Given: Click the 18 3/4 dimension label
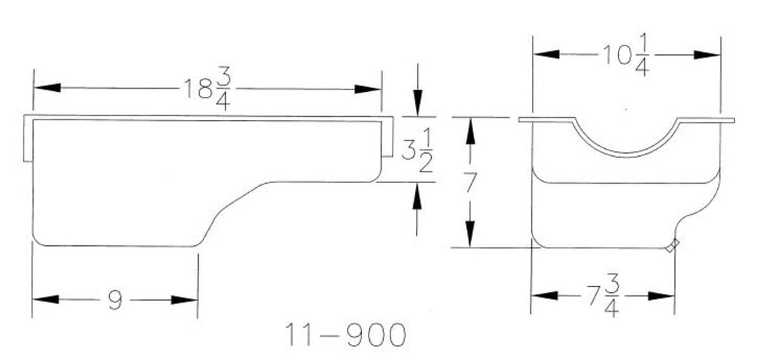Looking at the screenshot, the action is point(207,89).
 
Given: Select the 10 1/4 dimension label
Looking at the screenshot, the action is point(626,55).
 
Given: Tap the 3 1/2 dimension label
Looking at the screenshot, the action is point(417,150).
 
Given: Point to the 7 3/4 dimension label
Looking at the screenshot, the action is point(602,296).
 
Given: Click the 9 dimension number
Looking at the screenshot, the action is point(115,300).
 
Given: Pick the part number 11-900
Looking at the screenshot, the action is point(346,335).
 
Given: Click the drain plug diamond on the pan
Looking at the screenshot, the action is point(672,245).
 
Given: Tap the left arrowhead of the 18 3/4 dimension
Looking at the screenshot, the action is point(47,87).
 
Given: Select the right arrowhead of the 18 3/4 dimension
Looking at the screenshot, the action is point(368,89).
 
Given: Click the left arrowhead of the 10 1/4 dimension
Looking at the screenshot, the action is point(546,54).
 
